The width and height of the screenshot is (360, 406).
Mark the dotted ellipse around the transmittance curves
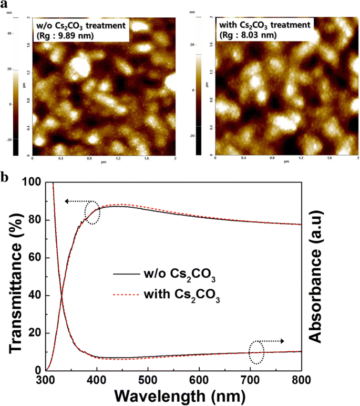click(91, 212)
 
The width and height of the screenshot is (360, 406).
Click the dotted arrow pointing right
click(273, 341)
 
